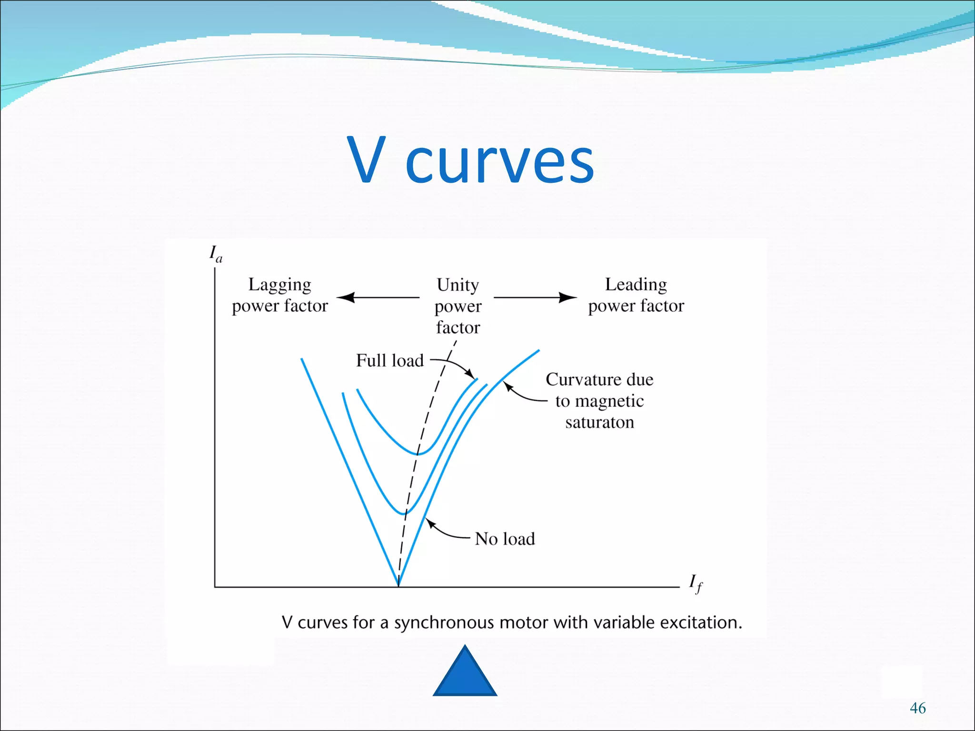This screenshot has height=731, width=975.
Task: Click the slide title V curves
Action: [x=470, y=161]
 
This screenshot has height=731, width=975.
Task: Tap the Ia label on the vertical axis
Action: [x=216, y=254]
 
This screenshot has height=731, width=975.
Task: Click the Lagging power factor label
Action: [x=280, y=295]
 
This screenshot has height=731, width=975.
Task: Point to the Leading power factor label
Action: [x=636, y=295]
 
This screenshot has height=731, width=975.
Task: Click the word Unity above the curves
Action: [x=458, y=285]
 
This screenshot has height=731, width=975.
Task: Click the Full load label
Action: [x=390, y=361]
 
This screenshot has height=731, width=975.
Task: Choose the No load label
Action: [x=505, y=539]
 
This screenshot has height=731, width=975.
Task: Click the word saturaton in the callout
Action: [x=599, y=422]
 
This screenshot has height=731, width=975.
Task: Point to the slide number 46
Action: [x=917, y=708]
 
